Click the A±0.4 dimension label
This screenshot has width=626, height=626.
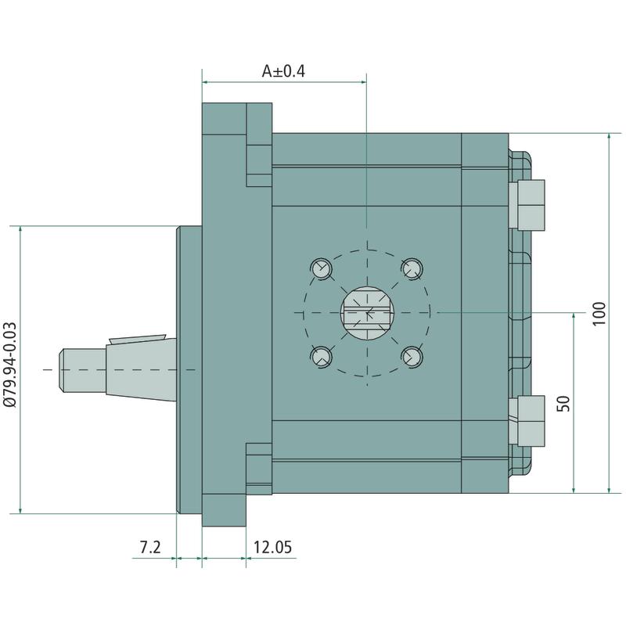point(283,71)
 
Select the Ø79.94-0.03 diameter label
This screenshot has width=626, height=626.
point(10,365)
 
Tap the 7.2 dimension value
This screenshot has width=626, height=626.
point(150,547)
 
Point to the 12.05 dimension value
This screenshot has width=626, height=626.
point(272,547)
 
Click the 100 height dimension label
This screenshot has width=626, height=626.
point(599,314)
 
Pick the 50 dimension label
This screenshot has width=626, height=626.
point(563,404)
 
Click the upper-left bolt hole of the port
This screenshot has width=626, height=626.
point(322,268)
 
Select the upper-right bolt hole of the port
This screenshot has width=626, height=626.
point(412,268)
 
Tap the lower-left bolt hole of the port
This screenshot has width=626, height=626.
point(322,357)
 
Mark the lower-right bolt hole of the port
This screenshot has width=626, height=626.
point(412,357)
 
